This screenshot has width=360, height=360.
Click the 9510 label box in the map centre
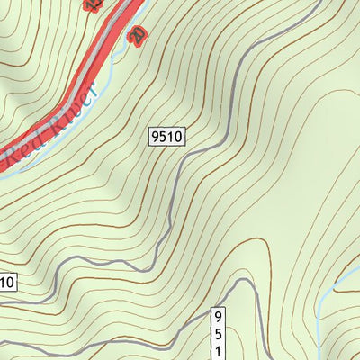[167, 137]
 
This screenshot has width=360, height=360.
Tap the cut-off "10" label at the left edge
[6, 283]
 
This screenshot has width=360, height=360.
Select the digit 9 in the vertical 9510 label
[217, 316]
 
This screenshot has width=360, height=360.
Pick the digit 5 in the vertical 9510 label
[217, 332]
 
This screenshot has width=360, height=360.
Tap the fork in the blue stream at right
[335, 289]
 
